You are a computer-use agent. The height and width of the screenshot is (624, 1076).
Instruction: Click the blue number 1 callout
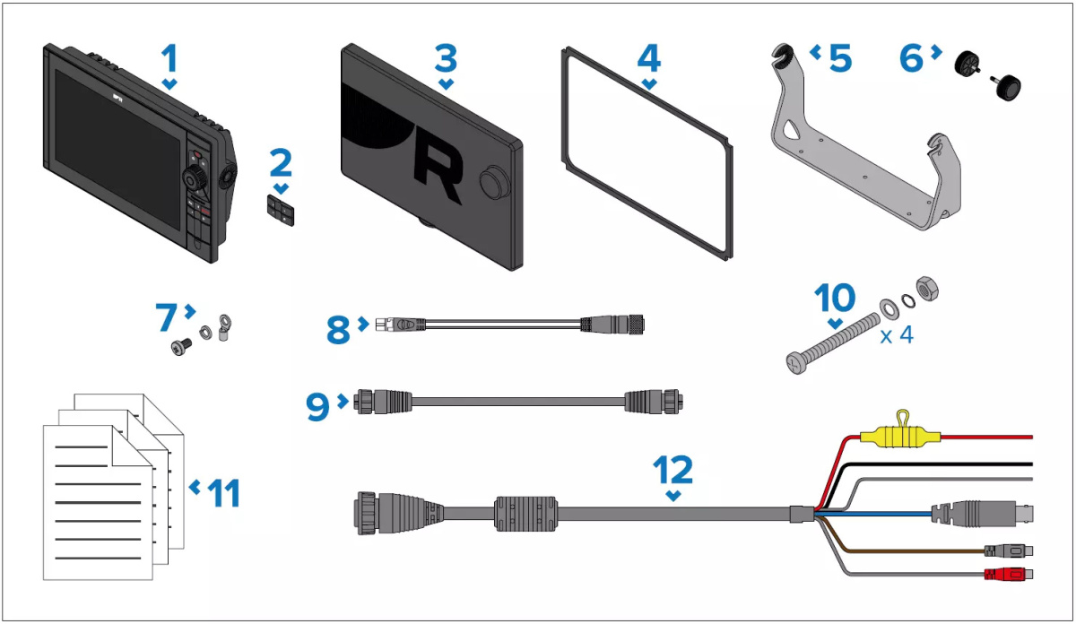coord(169,58)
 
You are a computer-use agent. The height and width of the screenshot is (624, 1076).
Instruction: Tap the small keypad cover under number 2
coord(281,211)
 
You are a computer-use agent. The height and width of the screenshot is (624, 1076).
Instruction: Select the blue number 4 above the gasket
coord(649,58)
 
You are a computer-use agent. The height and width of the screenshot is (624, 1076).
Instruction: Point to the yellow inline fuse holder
coord(900,435)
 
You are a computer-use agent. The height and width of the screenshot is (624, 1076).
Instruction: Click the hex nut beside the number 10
coord(927,290)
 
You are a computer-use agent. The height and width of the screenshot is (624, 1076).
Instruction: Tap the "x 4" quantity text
coord(897,334)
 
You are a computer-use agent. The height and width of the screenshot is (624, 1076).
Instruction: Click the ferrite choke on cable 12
coord(525,514)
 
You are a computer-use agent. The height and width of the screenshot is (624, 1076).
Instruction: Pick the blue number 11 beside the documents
coord(224,493)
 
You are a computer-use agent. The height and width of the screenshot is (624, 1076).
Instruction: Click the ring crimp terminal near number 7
coord(224,327)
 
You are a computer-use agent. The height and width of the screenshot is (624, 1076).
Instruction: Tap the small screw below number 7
coord(181,347)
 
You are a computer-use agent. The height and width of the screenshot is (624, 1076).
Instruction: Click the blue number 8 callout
coord(338,330)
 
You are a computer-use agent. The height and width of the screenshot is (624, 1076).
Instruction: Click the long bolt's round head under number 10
coord(796,364)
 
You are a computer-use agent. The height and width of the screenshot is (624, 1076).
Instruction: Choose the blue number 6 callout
coord(911,58)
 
